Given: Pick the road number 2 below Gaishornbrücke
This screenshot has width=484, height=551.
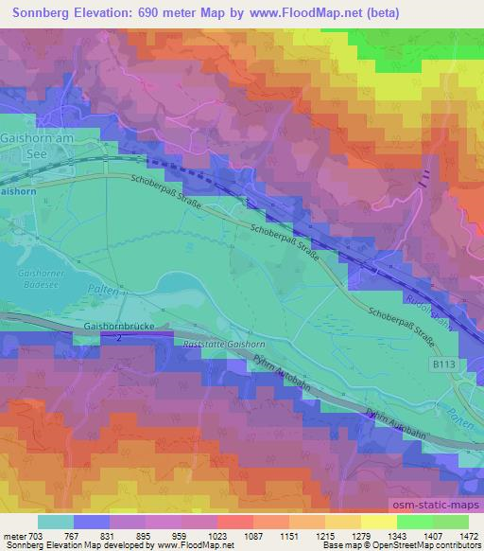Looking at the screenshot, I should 119,336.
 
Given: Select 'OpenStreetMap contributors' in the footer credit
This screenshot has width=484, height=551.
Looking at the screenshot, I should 432,545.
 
